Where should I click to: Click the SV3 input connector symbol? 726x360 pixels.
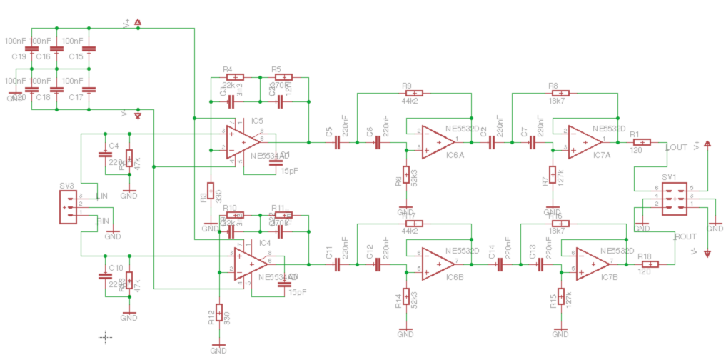[x=68, y=208]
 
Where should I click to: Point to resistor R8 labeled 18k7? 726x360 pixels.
[x=560, y=93]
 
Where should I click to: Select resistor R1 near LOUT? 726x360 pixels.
[x=640, y=142]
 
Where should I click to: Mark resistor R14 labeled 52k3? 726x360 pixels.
[x=405, y=296]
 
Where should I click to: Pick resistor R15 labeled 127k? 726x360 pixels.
[x=560, y=296]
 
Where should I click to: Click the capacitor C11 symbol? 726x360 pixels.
[x=337, y=264]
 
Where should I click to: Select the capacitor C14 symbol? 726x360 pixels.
[x=500, y=264]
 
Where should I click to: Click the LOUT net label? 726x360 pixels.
[x=677, y=147]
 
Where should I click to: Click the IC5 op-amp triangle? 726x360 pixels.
[x=241, y=142]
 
